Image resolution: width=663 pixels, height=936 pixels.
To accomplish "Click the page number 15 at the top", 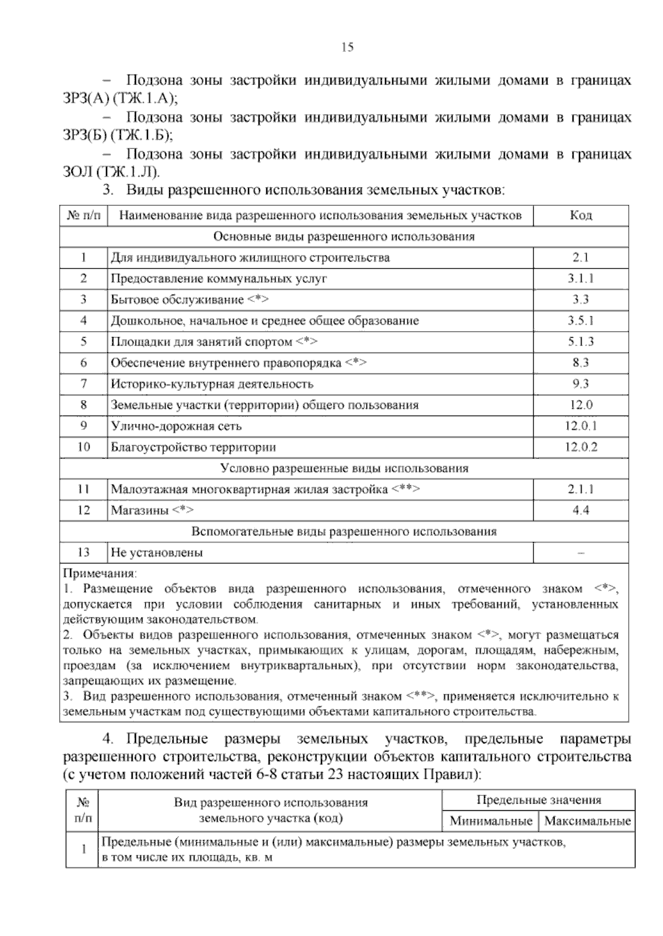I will [348, 47].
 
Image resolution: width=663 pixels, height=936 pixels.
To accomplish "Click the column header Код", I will [581, 215].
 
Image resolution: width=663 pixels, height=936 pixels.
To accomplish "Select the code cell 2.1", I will [581, 258].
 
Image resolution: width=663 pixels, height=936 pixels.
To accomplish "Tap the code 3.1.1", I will [581, 279].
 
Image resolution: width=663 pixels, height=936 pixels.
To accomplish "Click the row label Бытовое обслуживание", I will [177, 300].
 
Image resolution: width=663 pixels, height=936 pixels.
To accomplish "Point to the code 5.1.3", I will [581, 342].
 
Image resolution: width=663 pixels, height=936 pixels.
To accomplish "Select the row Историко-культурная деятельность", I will [212, 384].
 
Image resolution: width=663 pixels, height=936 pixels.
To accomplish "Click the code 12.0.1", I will [581, 426].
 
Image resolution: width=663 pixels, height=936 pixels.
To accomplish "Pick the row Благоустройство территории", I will [193, 447].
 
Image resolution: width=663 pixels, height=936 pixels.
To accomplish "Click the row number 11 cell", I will [83, 490].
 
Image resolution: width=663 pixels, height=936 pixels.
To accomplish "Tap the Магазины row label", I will [140, 510].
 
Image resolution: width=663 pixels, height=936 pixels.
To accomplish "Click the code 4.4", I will [581, 510].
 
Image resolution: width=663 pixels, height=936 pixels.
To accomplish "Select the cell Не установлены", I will [157, 552].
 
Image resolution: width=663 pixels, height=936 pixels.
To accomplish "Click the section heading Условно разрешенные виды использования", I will [344, 469].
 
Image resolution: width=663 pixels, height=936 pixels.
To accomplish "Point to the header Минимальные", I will [491, 821].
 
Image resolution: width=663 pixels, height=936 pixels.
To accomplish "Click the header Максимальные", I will [587, 821].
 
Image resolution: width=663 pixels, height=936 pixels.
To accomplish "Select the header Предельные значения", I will [539, 800].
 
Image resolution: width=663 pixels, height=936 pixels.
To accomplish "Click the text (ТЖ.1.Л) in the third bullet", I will [128, 172].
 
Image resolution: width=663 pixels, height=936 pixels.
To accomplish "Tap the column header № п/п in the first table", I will [84, 215].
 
